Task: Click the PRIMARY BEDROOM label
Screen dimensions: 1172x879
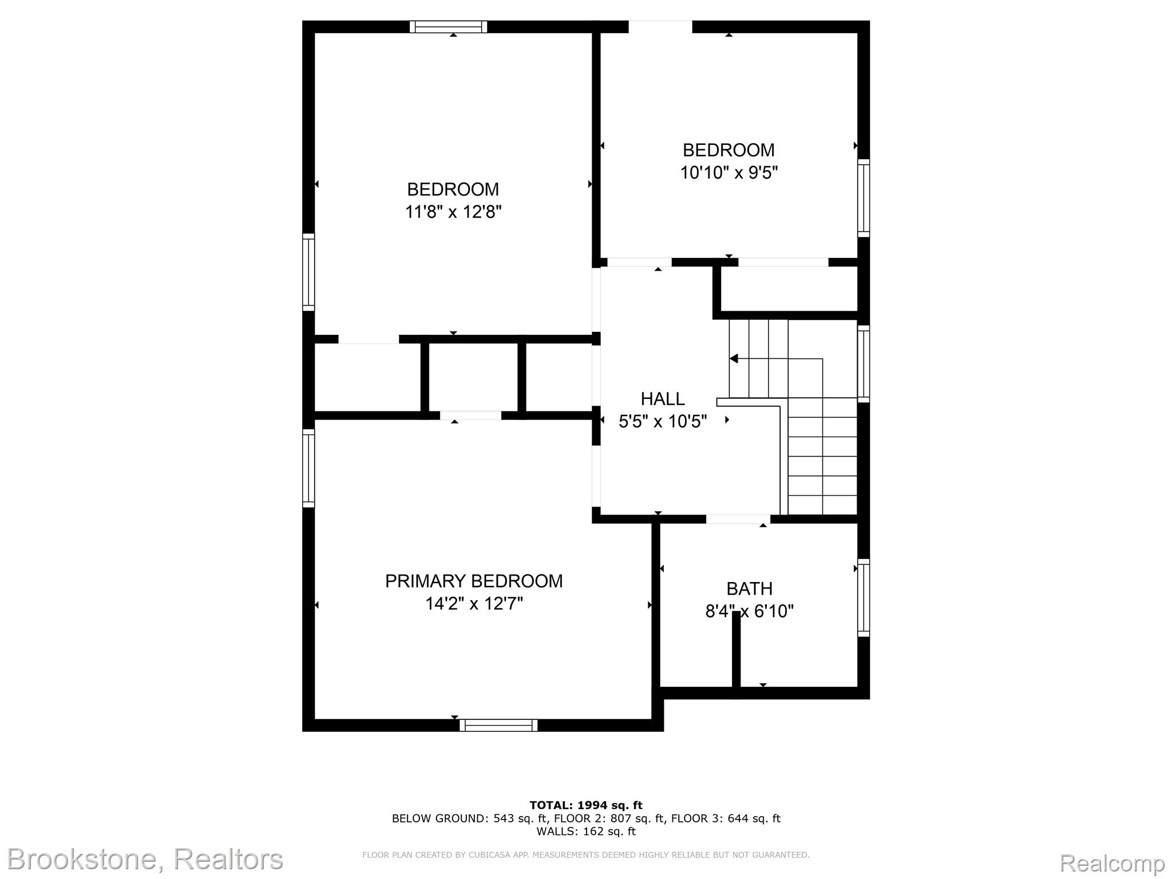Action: pos(474,581)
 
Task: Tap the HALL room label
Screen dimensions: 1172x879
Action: pos(663,398)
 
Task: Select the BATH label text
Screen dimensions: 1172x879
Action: pos(749,588)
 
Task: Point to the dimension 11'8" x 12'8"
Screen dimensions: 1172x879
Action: pos(453,212)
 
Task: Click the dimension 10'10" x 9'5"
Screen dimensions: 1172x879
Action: pos(728,173)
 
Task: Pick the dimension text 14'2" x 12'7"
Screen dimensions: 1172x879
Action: pos(474,604)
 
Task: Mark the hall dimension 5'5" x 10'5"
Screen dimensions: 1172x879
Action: pos(663,422)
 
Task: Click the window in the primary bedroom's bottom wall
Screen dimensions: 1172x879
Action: pos(498,725)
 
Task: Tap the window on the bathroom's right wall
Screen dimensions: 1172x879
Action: pos(864,597)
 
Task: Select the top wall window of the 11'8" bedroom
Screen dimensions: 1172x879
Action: pos(449,27)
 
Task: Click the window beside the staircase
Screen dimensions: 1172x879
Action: pos(864,364)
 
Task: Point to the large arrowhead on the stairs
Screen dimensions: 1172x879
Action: pos(734,359)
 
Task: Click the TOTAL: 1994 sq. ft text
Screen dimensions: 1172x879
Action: pos(586,805)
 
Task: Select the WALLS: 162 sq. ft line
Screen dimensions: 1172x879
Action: pos(586,832)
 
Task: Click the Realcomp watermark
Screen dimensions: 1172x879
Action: pos(1112,862)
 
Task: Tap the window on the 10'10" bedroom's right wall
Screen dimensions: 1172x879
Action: pos(864,198)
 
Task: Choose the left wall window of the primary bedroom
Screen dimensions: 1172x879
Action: pos(308,468)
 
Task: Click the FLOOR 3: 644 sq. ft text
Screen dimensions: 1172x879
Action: pos(726,818)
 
